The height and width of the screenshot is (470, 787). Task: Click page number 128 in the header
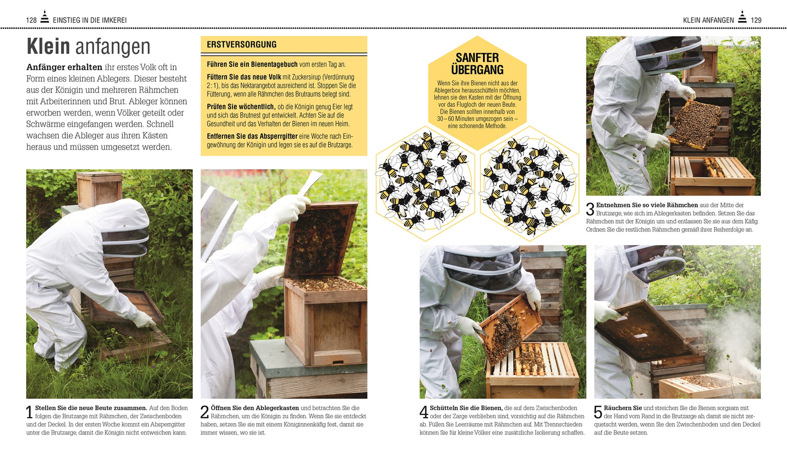click(x=31, y=20)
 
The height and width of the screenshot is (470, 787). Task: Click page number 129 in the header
click(x=756, y=20)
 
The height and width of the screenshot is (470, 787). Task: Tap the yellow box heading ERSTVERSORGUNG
click(x=241, y=45)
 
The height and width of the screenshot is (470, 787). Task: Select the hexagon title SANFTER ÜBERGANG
click(x=477, y=64)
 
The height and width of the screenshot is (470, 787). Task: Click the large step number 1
click(x=30, y=413)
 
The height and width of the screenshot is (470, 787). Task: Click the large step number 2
click(x=205, y=413)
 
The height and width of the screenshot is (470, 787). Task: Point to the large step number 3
click(x=590, y=210)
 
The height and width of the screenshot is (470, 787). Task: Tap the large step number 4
click(x=424, y=413)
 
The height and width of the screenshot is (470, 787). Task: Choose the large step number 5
click(x=598, y=413)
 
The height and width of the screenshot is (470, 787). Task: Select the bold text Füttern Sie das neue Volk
click(x=244, y=77)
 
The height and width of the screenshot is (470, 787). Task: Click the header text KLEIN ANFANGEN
click(x=708, y=20)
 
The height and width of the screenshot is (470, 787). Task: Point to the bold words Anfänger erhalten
click(x=64, y=67)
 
